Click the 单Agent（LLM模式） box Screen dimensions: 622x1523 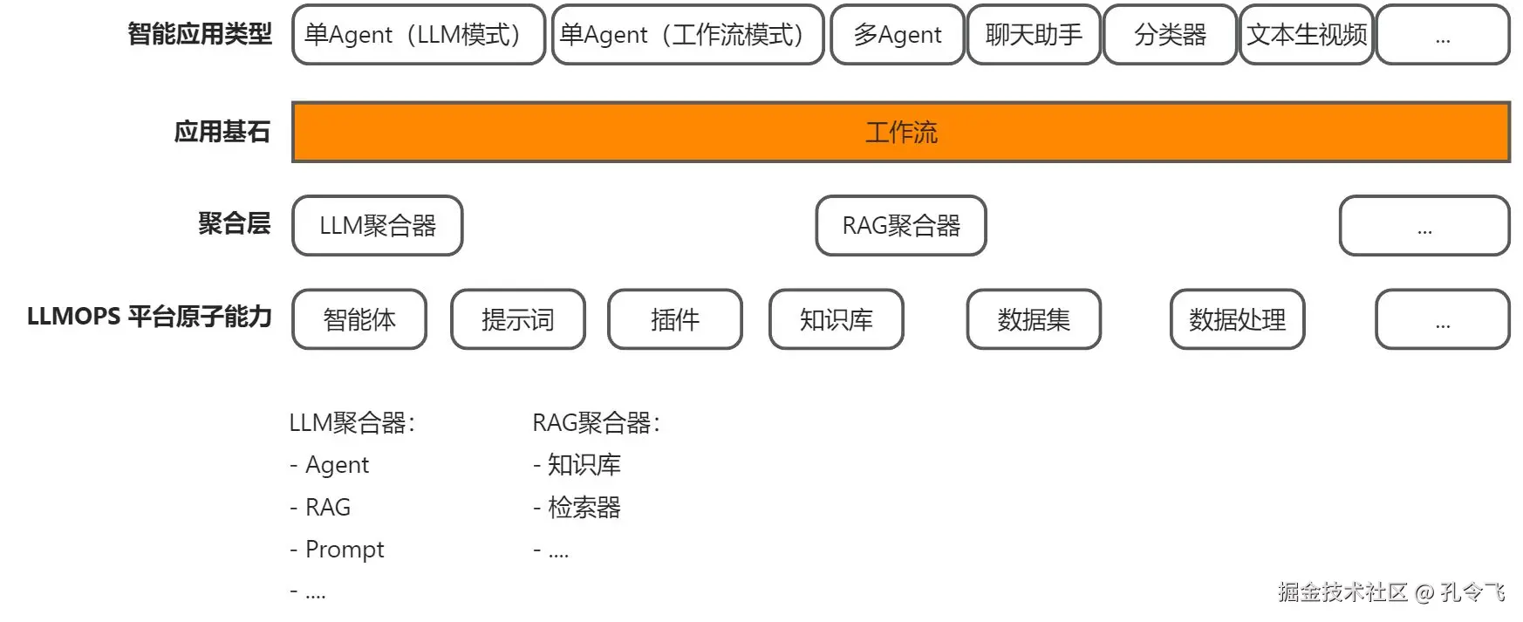(x=419, y=35)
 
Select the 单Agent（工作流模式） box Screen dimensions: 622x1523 (x=687, y=35)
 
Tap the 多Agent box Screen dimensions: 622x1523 (x=897, y=35)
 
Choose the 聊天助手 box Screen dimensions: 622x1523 (x=1034, y=35)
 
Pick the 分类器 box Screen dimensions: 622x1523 (x=1170, y=35)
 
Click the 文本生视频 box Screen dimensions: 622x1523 (x=1307, y=35)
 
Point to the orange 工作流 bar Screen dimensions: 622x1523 (x=900, y=133)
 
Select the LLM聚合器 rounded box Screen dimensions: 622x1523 (x=377, y=226)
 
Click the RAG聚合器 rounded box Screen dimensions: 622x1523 (x=900, y=226)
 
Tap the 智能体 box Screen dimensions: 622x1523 (x=359, y=319)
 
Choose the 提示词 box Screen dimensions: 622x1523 (x=517, y=319)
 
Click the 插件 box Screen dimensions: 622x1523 (x=675, y=319)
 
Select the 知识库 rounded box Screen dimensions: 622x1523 (x=836, y=319)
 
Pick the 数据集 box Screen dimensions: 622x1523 (x=1034, y=319)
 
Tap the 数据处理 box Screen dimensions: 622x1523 (x=1237, y=319)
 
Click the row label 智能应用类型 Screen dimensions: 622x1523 (x=200, y=34)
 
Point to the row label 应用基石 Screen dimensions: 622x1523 (x=222, y=132)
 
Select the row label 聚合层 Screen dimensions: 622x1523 (x=234, y=223)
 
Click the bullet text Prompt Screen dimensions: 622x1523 (x=345, y=550)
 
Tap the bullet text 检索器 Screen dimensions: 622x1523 (x=584, y=508)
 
